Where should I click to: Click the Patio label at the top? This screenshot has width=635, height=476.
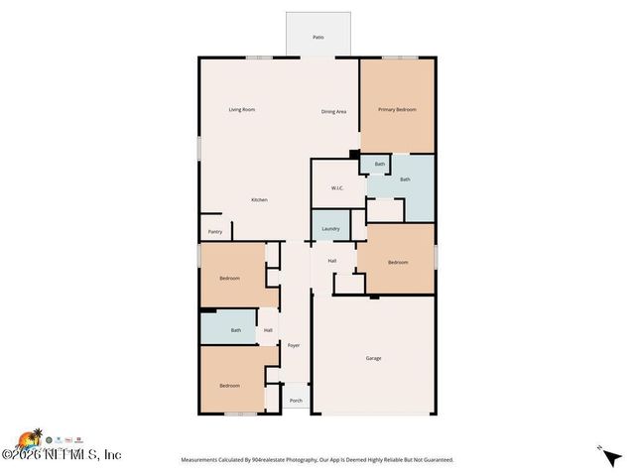318,37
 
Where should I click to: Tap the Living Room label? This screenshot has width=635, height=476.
242,109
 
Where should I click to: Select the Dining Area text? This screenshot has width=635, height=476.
333,111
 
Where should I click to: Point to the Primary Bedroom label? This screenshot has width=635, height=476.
397,109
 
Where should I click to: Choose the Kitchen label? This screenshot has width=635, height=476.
259,200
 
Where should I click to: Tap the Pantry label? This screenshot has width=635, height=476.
215,232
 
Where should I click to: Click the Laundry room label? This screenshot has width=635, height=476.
330,229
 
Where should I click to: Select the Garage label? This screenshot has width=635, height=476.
373,358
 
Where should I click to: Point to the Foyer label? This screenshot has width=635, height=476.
294,345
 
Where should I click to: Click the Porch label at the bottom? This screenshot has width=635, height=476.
296,401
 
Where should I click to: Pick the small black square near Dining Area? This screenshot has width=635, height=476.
354,154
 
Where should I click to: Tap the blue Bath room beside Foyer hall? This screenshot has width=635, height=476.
235,330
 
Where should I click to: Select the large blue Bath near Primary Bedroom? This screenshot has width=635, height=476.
405,179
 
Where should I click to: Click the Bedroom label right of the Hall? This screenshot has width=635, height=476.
398,262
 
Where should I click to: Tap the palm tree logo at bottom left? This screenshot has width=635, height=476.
31,438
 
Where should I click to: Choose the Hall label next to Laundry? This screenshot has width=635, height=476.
332,261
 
